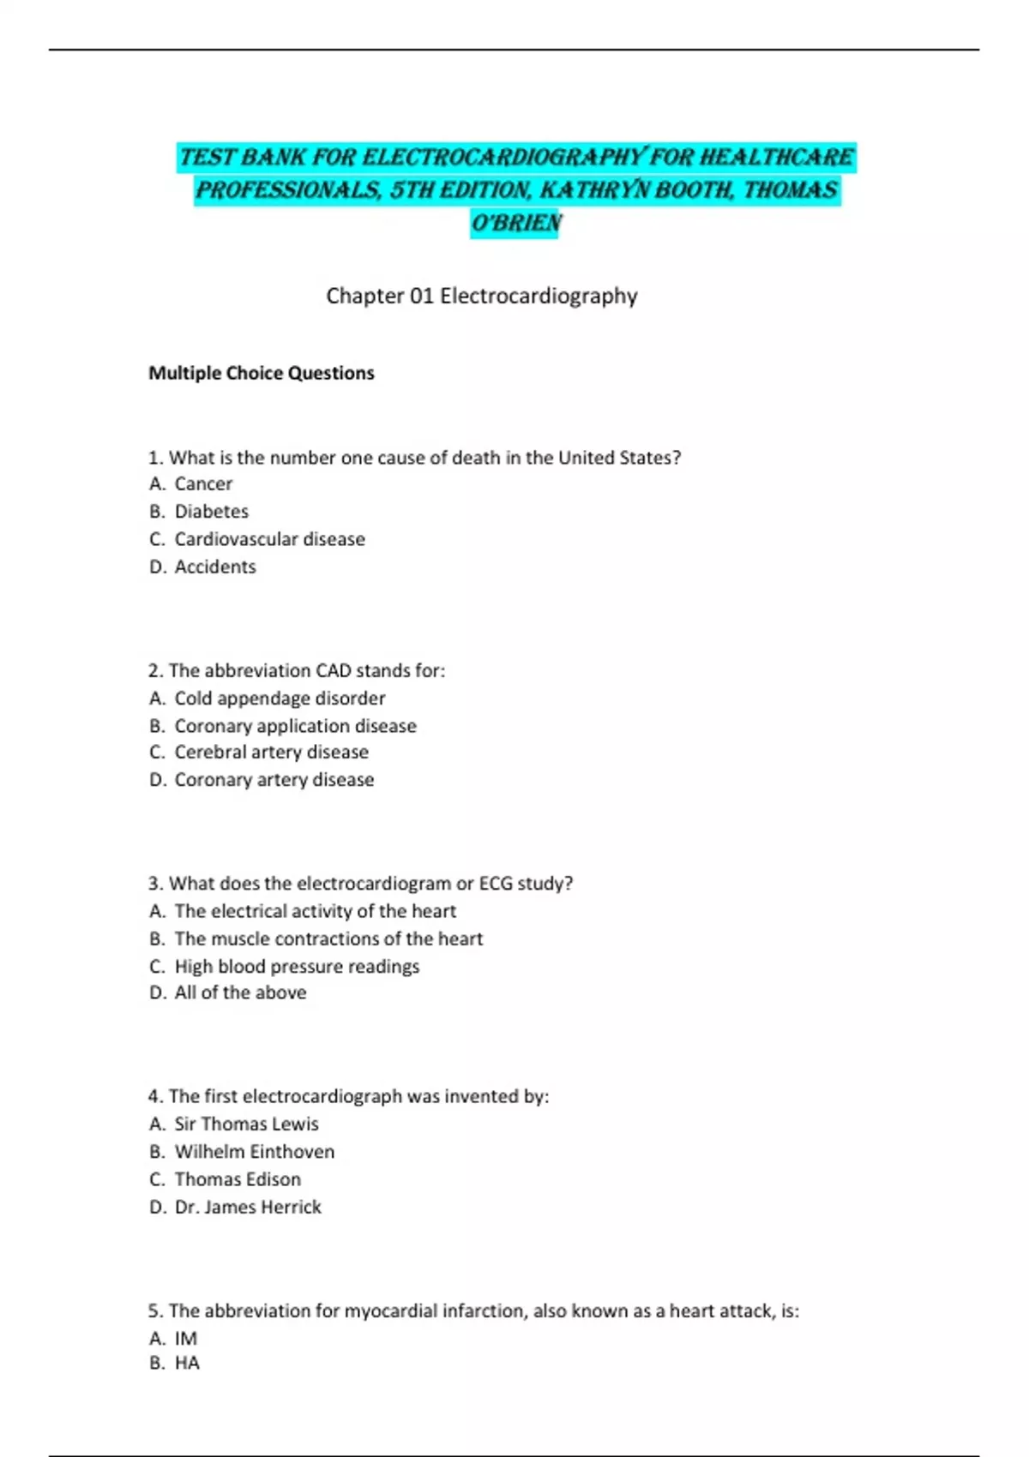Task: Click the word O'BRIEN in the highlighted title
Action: (x=515, y=223)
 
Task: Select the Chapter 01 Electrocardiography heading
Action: (x=481, y=296)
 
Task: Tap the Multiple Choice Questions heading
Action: (x=262, y=373)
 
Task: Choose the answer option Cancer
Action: (x=203, y=484)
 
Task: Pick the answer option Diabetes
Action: (x=211, y=512)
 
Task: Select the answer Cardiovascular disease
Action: (x=269, y=539)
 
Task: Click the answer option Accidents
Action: (x=215, y=567)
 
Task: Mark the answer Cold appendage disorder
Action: (x=280, y=699)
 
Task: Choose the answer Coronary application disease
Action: (x=295, y=726)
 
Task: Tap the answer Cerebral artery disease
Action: (x=271, y=752)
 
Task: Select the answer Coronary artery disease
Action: (x=274, y=780)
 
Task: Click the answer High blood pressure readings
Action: (x=297, y=967)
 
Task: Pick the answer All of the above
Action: (x=240, y=992)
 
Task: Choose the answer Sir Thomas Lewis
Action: (x=246, y=1124)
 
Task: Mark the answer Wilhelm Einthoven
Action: (x=254, y=1152)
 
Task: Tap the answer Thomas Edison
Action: (x=238, y=1179)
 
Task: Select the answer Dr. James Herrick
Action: (x=247, y=1207)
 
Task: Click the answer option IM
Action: (x=185, y=1339)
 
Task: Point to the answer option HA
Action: (x=187, y=1363)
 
